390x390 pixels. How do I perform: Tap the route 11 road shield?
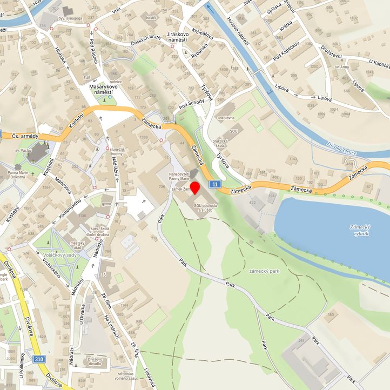216,185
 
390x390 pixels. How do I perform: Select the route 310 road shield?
38,359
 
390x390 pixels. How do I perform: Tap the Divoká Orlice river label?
342,149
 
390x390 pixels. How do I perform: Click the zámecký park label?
265,270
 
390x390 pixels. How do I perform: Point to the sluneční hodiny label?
117,151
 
